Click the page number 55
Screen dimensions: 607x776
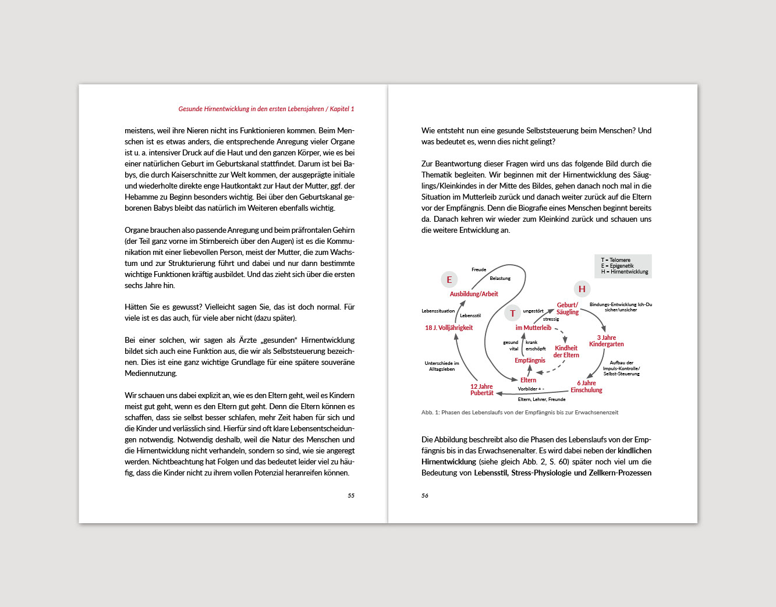pos(351,496)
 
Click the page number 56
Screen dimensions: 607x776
pos(425,496)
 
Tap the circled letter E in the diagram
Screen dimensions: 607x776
pos(449,280)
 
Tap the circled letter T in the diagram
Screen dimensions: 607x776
pos(513,313)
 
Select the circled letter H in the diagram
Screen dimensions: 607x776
pos(582,289)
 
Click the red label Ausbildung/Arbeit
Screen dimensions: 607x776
pos(474,294)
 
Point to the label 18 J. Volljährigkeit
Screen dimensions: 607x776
pos(449,328)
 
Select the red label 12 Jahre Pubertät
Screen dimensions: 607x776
pos(482,390)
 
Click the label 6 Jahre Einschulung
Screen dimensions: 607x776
pos(586,386)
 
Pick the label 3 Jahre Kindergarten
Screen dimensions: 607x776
pos(606,341)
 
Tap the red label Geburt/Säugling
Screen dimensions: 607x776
pos(568,308)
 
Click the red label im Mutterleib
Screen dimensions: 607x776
pos(533,328)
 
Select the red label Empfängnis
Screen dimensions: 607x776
pos(530,361)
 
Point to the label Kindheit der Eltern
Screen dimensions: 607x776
pos(566,352)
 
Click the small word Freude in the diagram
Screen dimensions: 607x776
pos(479,270)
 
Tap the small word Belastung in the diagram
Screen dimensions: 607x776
pos(500,279)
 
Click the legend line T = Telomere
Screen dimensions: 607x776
pos(616,260)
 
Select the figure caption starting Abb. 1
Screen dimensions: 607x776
pos(520,413)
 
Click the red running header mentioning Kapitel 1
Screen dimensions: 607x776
pos(266,109)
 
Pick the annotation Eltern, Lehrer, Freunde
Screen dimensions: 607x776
pos(541,400)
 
